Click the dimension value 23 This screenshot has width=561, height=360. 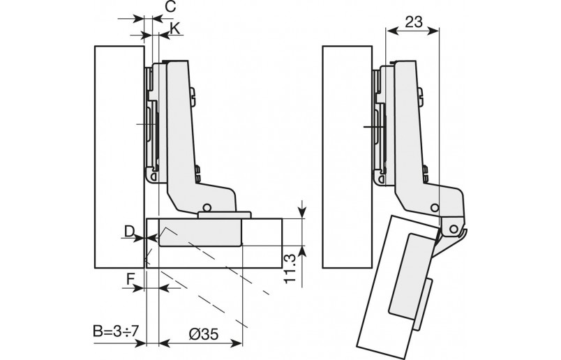tap(413, 22)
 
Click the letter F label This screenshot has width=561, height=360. tap(130, 279)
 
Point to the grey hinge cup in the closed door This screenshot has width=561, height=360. tap(201, 234)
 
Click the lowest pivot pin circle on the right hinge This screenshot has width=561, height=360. tap(454, 228)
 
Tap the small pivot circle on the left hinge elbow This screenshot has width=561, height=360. tap(206, 207)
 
